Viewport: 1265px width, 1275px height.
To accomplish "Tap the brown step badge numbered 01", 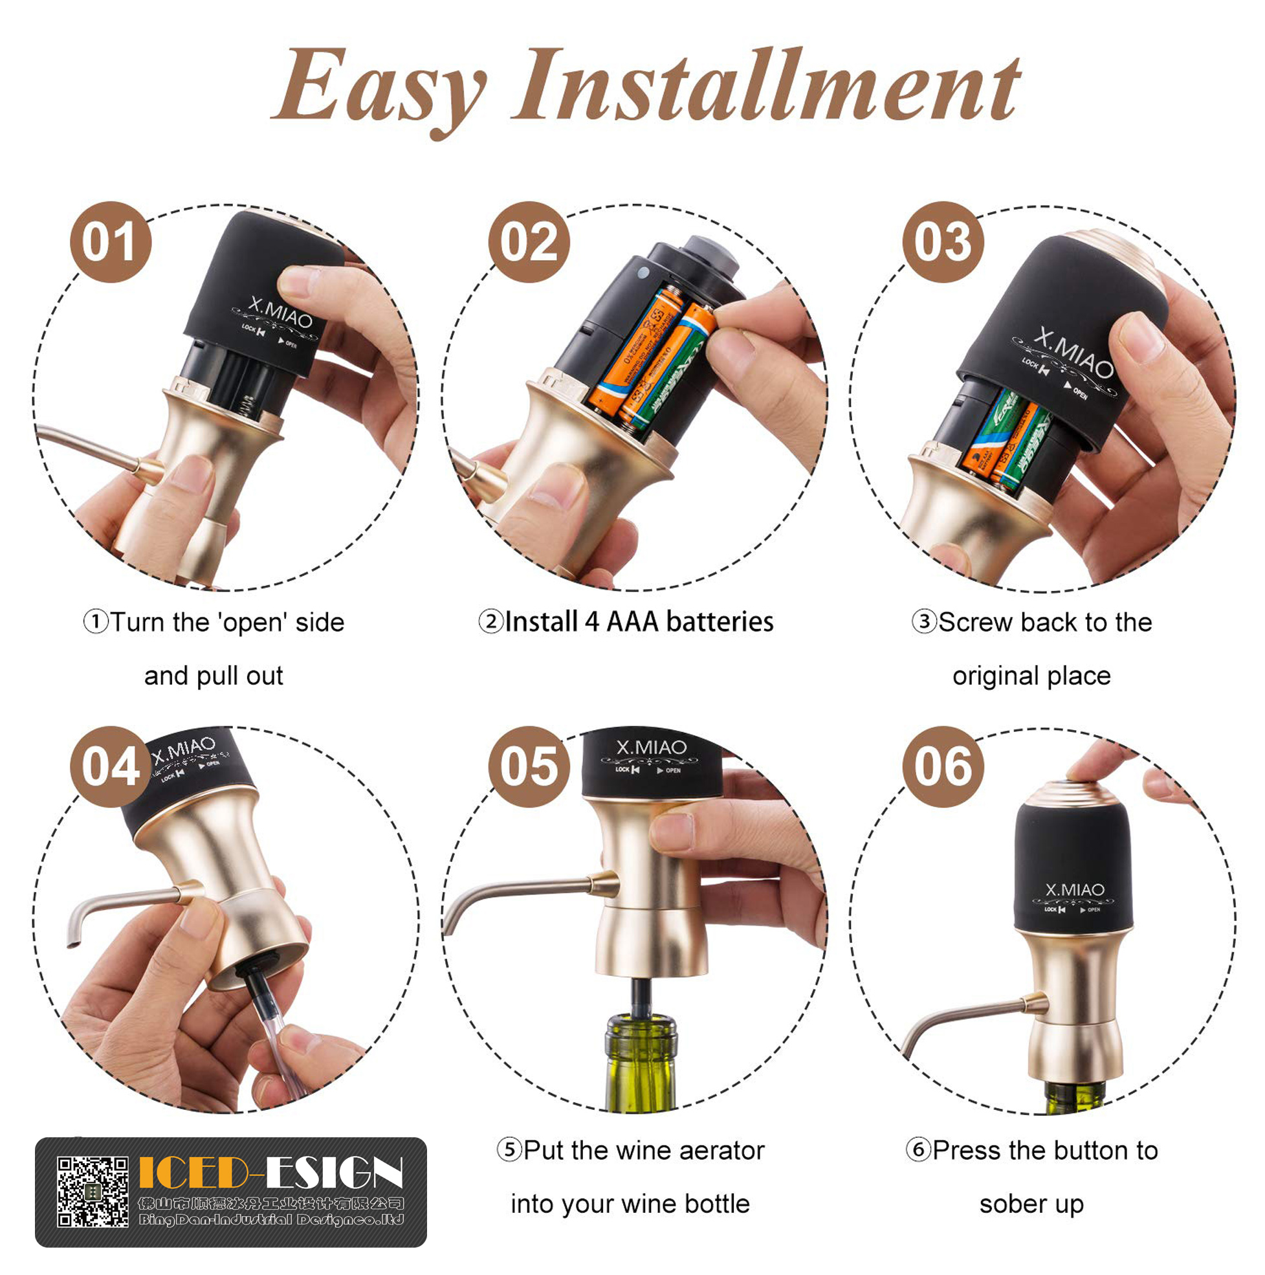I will point(110,242).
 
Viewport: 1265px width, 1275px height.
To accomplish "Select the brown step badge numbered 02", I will point(529,242).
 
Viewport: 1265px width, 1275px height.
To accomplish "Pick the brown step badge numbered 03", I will point(943,242).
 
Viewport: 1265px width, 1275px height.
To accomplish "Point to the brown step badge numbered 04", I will point(110,766).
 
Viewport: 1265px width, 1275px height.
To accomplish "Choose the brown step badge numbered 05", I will point(529,766).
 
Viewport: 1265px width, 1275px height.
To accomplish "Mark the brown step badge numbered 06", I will point(943,766).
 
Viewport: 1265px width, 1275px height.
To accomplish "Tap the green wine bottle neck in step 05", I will point(641,1049).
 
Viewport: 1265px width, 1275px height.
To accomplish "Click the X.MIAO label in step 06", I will point(1074,890).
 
